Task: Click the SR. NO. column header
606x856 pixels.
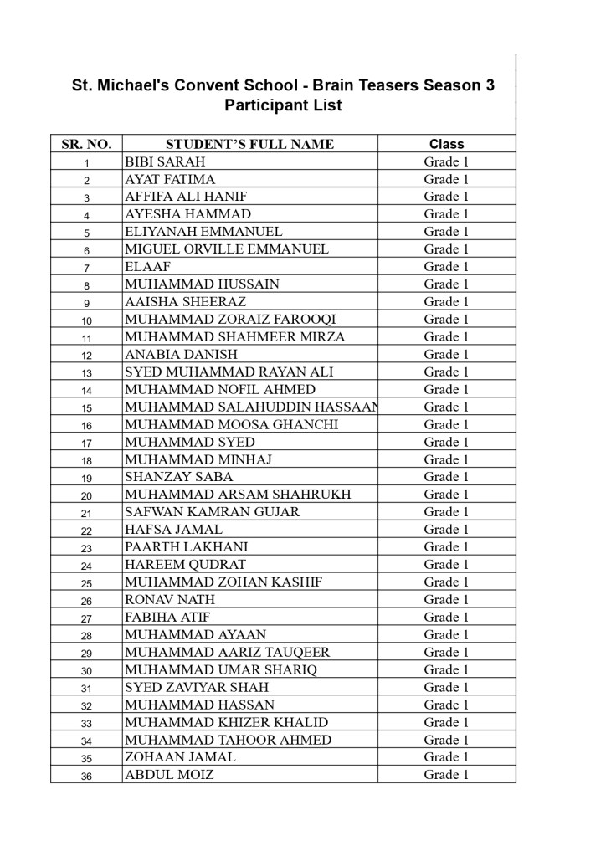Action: click(86, 144)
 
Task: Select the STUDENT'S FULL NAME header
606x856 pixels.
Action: click(249, 144)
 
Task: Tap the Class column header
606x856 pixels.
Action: click(446, 144)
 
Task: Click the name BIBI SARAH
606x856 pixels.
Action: click(165, 161)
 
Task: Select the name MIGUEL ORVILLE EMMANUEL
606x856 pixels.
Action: click(227, 249)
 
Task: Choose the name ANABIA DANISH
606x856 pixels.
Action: click(181, 355)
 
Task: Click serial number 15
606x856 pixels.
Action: click(86, 408)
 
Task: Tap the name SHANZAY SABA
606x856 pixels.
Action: click(179, 477)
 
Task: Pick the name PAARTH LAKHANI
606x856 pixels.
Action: click(186, 547)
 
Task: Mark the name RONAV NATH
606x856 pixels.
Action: click(170, 600)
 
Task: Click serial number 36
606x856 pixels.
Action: click(86, 777)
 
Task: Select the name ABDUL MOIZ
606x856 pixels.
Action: click(169, 775)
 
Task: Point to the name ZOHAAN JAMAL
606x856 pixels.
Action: click(180, 757)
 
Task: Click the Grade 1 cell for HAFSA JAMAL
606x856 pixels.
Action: click(446, 530)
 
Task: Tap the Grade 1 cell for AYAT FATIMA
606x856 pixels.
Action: click(446, 179)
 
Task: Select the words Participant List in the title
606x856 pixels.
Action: click(283, 106)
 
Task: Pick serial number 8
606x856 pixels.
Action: click(86, 285)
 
